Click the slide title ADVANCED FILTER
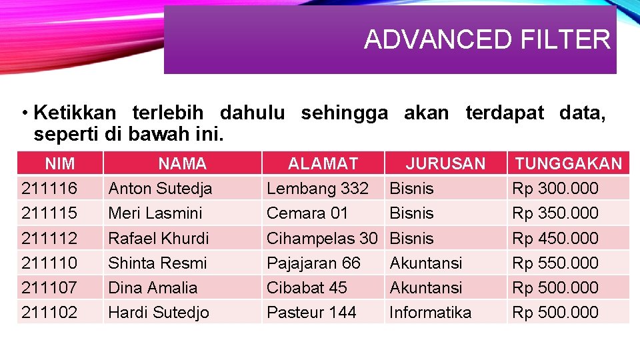coord(487,40)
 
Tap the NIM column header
coord(59,163)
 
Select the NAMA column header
coord(182,163)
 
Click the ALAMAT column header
coord(323,163)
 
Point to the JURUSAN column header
coord(445,163)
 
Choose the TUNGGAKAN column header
coord(568,163)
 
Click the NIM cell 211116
coord(49,189)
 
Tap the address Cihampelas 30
coord(322,238)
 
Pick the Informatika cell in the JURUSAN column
coord(430,312)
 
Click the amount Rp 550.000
coord(555,263)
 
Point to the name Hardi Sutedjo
coord(159,312)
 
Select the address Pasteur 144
coord(311,312)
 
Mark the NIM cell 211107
coord(49,287)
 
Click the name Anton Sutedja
coord(160,189)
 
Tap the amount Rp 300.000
coord(555,189)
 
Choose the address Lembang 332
coord(317,189)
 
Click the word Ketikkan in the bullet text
coord(75,113)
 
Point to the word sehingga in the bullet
coord(344,113)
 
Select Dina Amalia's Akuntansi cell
coord(425,287)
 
